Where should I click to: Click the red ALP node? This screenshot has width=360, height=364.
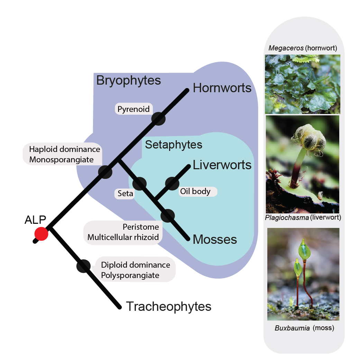(x=41, y=234)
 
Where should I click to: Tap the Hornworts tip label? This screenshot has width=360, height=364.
(x=222, y=88)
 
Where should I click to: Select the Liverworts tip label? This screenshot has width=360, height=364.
(x=222, y=165)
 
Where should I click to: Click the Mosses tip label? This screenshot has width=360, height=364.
(x=215, y=239)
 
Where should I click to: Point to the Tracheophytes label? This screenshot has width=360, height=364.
(x=168, y=306)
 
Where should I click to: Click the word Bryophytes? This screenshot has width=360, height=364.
(x=129, y=80)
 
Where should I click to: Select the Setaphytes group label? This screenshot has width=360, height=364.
(x=174, y=144)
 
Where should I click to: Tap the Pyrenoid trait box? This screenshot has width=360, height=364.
(x=133, y=109)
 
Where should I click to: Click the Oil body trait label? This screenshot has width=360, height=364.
(x=195, y=191)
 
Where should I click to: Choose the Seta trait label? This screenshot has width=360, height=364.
(x=125, y=194)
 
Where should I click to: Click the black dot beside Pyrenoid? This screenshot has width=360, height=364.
(x=158, y=118)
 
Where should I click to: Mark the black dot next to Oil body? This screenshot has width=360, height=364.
(x=172, y=183)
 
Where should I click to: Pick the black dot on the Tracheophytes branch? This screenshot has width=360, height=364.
(x=83, y=266)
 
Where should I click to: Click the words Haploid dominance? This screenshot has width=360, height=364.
(x=65, y=150)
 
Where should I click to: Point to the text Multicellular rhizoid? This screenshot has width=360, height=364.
(x=123, y=238)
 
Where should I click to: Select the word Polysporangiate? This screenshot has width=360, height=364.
(x=130, y=275)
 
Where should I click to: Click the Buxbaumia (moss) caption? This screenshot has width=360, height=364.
(x=304, y=328)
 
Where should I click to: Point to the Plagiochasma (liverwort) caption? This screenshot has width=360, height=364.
(x=303, y=218)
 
